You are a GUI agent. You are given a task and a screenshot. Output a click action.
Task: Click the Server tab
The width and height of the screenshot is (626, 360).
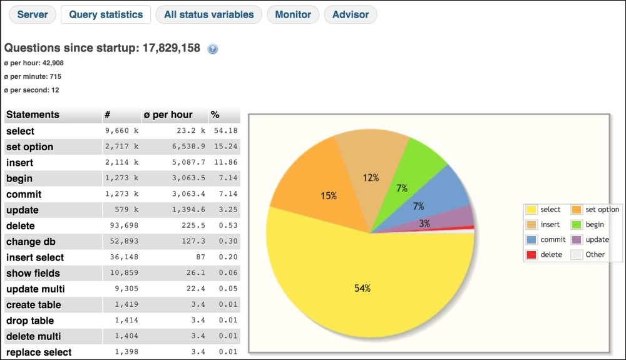33,14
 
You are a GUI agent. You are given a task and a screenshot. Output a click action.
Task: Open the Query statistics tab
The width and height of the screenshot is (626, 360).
106,14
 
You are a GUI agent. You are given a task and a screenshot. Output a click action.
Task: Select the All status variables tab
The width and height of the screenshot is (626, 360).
208,14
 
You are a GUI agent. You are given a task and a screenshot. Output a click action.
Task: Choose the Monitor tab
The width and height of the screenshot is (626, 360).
293,14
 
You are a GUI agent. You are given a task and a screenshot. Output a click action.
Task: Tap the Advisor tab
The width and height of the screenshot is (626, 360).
351,14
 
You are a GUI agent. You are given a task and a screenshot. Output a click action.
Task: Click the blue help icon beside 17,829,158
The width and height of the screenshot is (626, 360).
212,49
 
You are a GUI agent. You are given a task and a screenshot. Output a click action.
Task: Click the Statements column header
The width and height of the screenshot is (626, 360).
33,115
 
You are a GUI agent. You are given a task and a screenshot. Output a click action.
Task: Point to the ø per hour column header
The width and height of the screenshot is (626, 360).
168,115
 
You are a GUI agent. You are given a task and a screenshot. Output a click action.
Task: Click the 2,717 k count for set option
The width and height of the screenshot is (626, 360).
121,147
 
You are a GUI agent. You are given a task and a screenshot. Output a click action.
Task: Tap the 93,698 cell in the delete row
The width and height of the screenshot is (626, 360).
123,225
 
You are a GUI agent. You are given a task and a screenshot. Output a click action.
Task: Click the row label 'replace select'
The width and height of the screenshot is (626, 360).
39,352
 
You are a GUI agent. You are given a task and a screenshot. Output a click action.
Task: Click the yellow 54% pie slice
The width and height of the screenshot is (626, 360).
363,288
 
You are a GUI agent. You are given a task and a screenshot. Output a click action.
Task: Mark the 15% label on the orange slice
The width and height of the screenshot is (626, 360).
329,197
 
